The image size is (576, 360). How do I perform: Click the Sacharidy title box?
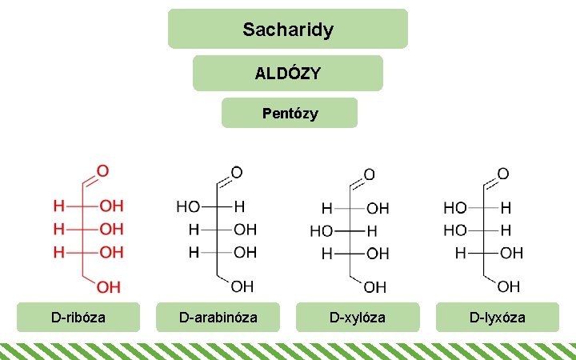(288, 30)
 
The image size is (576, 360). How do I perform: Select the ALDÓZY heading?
(288, 74)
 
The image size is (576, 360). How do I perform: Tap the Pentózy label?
(290, 114)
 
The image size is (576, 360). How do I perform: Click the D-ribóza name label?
(78, 317)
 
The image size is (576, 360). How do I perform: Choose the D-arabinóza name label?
(218, 317)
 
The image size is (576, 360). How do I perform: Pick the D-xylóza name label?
(358, 317)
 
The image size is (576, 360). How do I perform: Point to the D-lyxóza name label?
(497, 317)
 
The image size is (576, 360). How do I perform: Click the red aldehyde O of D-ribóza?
(103, 171)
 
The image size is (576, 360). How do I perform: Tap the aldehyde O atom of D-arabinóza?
(237, 173)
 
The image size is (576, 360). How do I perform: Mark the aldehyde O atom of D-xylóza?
(369, 174)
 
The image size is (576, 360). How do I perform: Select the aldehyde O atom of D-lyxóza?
(503, 173)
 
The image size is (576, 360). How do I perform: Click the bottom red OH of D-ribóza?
(110, 286)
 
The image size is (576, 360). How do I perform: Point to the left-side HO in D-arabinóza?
(189, 206)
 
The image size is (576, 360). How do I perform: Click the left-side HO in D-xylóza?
(322, 231)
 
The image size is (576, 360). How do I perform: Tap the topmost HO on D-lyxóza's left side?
(454, 207)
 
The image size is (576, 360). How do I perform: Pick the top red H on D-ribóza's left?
(58, 206)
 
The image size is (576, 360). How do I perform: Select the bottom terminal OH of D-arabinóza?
(243, 286)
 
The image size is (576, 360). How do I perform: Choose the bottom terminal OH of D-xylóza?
(375, 286)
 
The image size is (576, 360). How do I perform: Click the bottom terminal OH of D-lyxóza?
(509, 286)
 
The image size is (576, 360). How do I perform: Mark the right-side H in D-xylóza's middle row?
(370, 231)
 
